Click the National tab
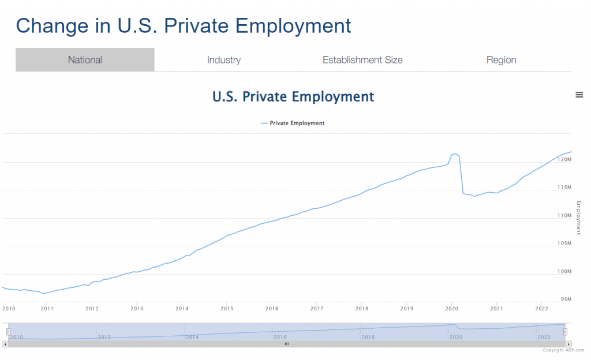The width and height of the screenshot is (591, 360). pyautogui.click(x=85, y=60)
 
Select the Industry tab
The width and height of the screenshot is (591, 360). pyautogui.click(x=224, y=60)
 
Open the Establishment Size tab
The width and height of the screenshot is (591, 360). pyautogui.click(x=362, y=60)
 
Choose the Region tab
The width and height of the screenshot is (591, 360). pyautogui.click(x=501, y=60)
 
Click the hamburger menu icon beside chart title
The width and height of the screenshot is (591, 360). pyautogui.click(x=579, y=95)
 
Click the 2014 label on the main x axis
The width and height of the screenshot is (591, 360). pyautogui.click(x=182, y=309)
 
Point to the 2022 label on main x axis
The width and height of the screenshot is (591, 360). pyautogui.click(x=541, y=309)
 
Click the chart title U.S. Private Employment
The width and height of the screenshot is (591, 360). pyautogui.click(x=293, y=96)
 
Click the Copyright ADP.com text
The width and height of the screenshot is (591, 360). pyautogui.click(x=563, y=350)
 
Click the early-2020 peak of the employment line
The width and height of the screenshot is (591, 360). pyautogui.click(x=455, y=153)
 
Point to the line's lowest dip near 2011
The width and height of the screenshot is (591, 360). pyautogui.click(x=44, y=293)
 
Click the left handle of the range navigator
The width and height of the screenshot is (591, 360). pyautogui.click(x=8, y=331)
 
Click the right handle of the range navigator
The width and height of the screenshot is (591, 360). pyautogui.click(x=566, y=331)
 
